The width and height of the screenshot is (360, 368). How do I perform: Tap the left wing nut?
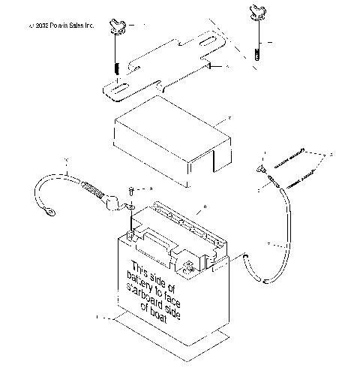click(x=115, y=28)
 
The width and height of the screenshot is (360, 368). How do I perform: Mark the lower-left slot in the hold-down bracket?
click(x=116, y=89)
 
